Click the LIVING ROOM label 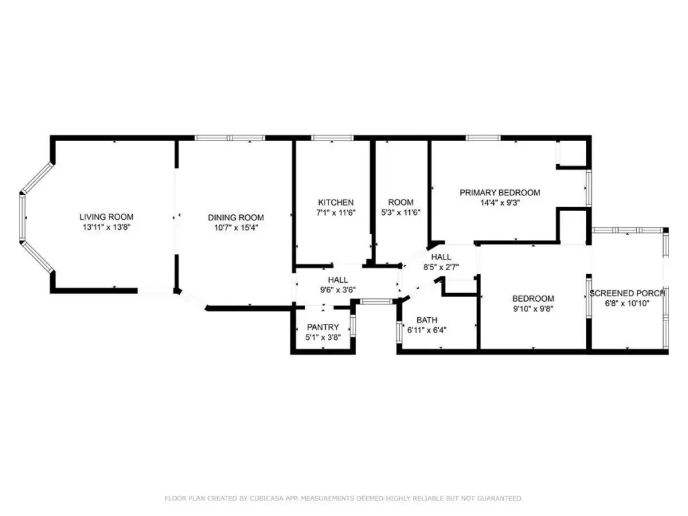[x=106, y=217]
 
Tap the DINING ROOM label [x=236, y=217]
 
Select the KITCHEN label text [x=336, y=202]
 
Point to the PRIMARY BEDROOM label [x=500, y=192]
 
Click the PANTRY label [x=323, y=327]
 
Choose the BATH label [x=427, y=320]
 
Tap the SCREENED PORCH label [x=628, y=293]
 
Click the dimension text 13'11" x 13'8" [x=107, y=227]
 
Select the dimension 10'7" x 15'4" [x=236, y=228]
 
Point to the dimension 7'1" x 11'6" [x=336, y=213]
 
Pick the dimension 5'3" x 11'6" [x=400, y=213]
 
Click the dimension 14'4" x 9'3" [x=500, y=203]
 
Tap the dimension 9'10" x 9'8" [x=533, y=309]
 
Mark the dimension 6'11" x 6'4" [x=427, y=331]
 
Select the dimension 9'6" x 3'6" [x=338, y=290]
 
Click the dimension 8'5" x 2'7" [x=441, y=267]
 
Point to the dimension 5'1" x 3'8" [x=323, y=337]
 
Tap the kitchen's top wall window [x=332, y=138]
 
